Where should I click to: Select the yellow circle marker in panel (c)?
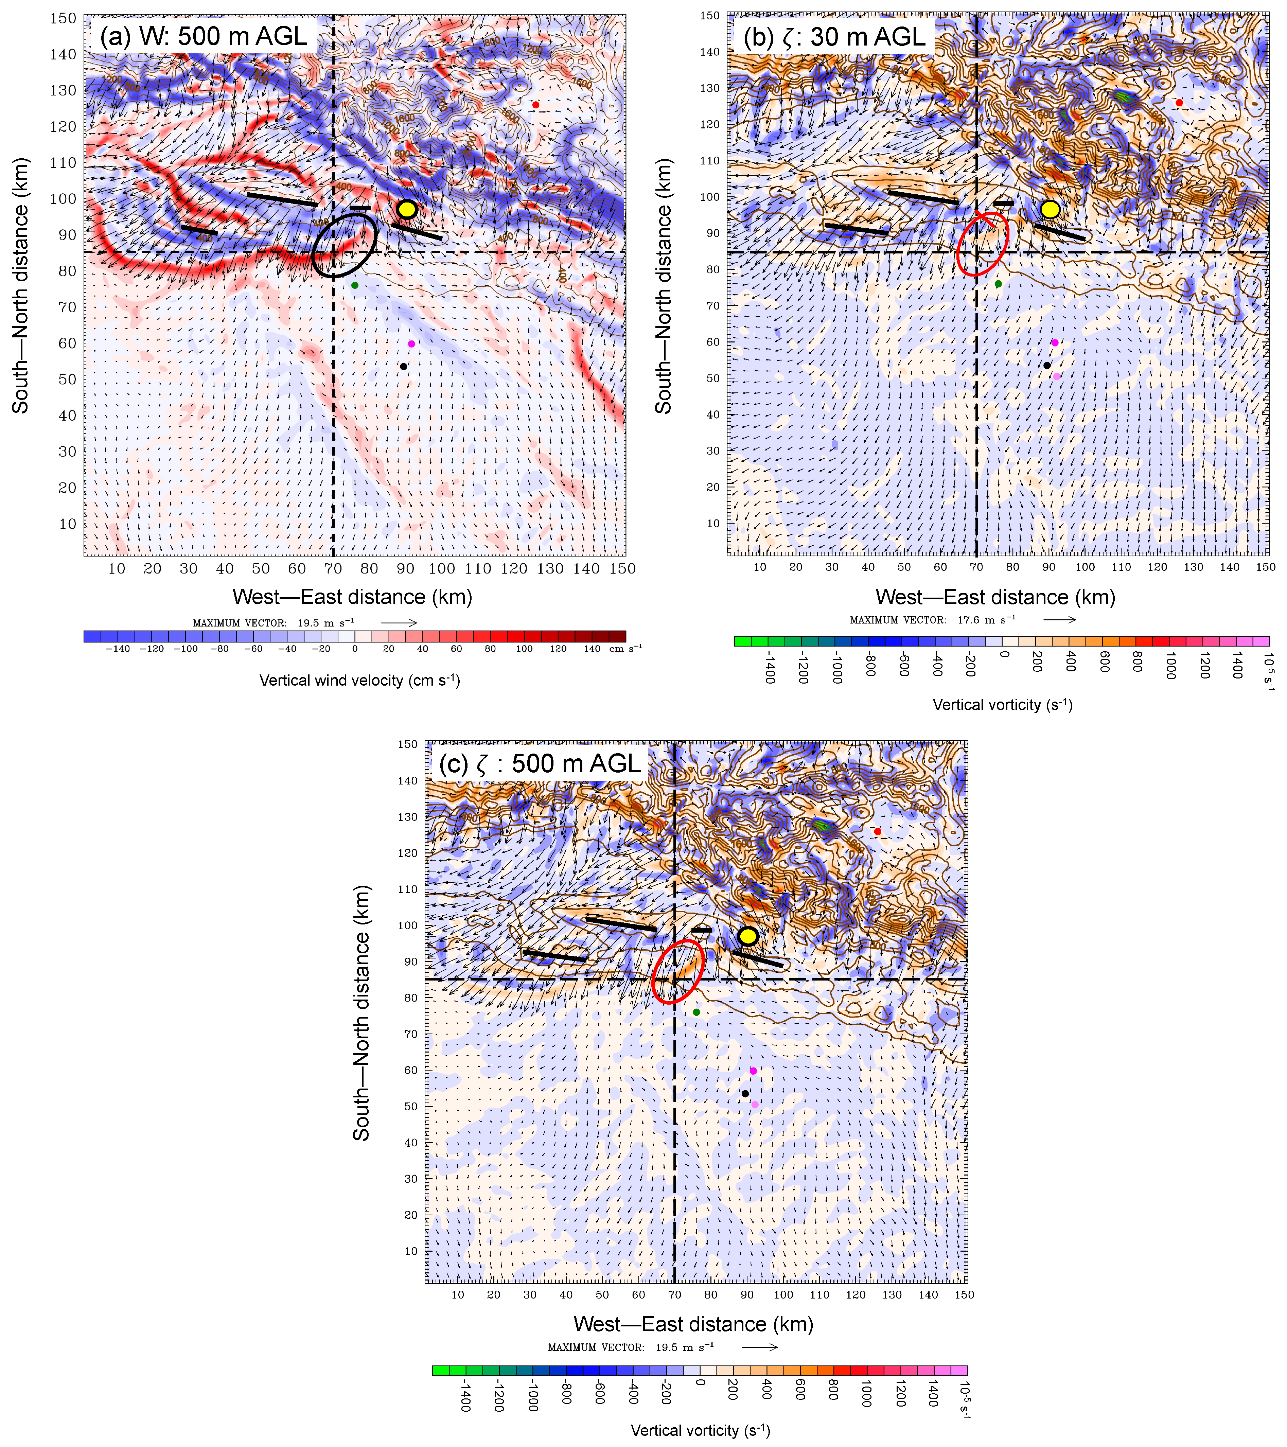[747, 936]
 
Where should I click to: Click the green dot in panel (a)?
[355, 285]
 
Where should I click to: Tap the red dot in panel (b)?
[1179, 103]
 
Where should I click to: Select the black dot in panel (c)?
[745, 1094]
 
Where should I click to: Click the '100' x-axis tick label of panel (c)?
[783, 1295]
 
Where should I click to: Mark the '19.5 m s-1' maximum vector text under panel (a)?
[325, 623]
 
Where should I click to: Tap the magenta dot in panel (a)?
[411, 344]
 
